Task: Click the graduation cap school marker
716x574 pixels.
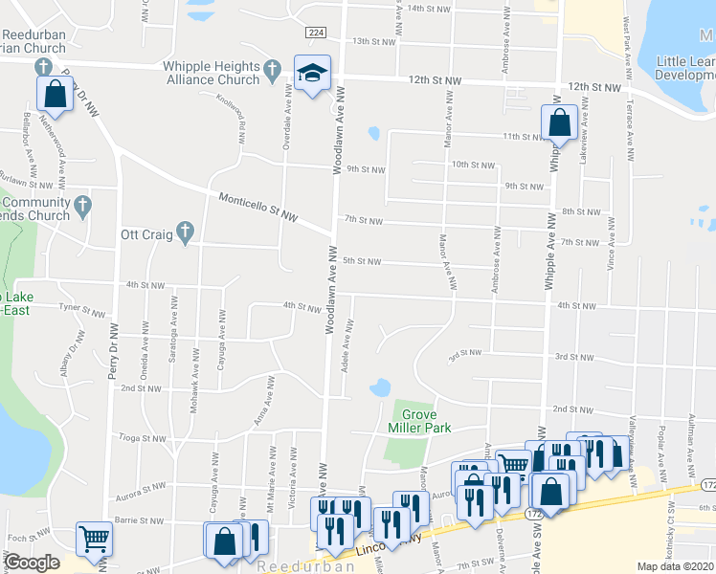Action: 311,74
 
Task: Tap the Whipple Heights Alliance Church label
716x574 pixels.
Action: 212,73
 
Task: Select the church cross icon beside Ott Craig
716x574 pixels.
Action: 186,232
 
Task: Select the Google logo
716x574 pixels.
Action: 32,563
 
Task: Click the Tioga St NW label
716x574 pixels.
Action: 142,439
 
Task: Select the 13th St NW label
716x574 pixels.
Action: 373,42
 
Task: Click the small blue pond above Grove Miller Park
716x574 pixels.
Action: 379,387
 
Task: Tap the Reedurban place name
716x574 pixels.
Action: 306,566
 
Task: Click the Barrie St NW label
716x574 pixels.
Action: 139,521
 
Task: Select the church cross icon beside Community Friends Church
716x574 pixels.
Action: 83,205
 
